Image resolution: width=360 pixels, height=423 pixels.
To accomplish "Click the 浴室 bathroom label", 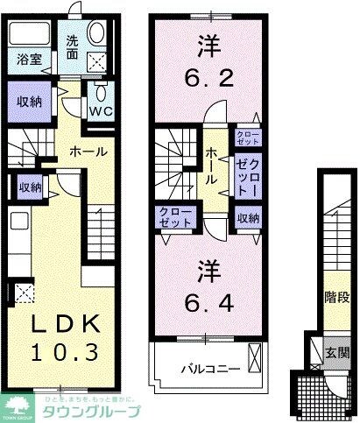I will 27,60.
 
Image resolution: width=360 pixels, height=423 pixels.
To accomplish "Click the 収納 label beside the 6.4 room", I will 248,218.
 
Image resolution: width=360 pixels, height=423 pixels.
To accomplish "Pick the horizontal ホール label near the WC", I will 62,152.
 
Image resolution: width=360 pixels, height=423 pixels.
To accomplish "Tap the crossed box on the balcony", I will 255,357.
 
